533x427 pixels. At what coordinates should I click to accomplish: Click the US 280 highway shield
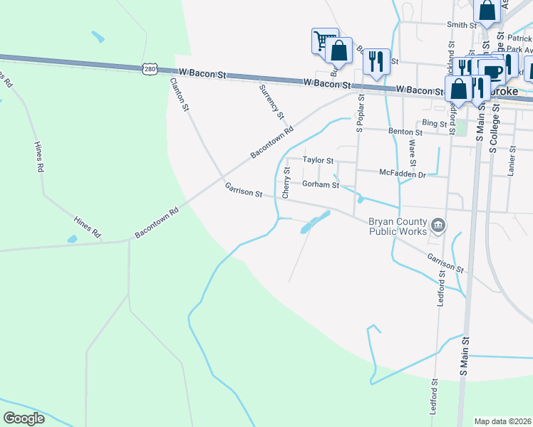click(148, 69)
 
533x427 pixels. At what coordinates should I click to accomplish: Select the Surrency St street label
click(271, 100)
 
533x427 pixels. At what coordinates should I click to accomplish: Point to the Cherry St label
click(286, 182)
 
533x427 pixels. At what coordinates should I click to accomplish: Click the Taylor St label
click(318, 160)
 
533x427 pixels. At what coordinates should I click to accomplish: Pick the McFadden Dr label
click(402, 173)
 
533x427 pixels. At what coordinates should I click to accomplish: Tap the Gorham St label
click(321, 184)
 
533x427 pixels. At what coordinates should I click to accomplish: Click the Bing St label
click(433, 123)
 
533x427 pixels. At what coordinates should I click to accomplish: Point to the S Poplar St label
click(360, 113)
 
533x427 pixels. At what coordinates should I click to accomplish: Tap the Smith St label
click(461, 25)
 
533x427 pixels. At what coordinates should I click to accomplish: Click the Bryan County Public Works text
click(398, 226)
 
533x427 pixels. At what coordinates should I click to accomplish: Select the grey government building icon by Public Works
click(438, 226)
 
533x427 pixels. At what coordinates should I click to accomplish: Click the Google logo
click(24, 418)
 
